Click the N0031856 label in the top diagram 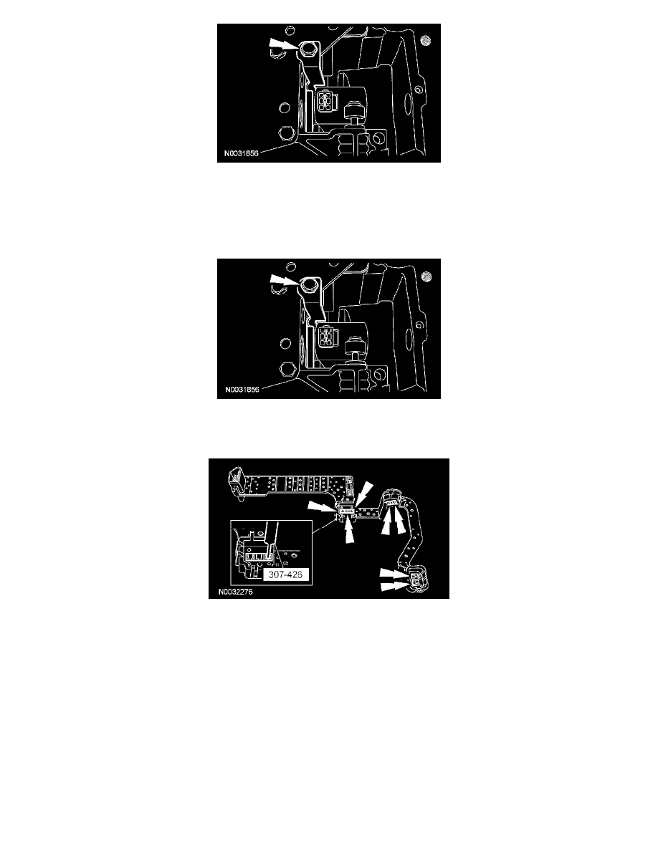(242, 153)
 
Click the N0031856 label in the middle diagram (242, 389)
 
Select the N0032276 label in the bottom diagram (236, 592)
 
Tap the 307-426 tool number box (285, 574)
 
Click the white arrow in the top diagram (282, 44)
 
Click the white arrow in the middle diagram (283, 281)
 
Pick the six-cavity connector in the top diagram (325, 100)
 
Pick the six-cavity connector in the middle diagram (326, 337)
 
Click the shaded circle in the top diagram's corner (427, 41)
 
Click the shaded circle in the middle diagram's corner (427, 277)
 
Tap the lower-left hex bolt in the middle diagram (286, 370)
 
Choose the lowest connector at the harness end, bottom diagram (418, 581)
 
